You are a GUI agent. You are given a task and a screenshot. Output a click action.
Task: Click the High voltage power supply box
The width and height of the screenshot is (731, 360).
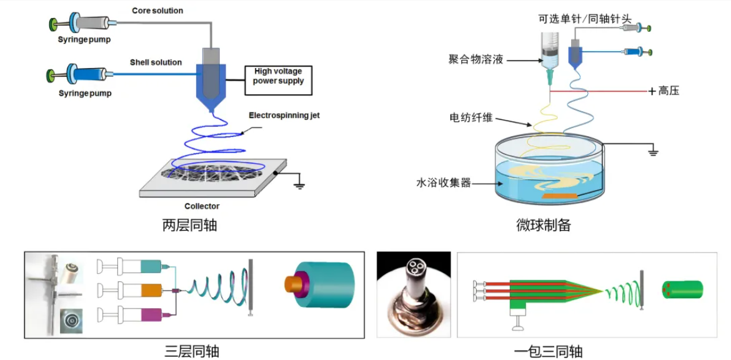(x=278, y=81)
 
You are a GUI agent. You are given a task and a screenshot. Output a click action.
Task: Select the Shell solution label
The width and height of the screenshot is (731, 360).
(x=156, y=62)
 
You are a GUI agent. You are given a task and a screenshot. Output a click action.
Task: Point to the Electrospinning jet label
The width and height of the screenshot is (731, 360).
(x=284, y=116)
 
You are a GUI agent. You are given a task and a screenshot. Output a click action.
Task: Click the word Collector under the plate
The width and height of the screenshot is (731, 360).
(x=202, y=206)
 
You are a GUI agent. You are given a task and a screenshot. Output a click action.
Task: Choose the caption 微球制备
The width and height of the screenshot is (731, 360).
(x=544, y=225)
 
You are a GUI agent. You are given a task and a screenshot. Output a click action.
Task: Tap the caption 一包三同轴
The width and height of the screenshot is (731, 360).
(x=548, y=351)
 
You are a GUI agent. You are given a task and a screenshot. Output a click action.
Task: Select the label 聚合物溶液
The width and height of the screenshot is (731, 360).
(x=475, y=59)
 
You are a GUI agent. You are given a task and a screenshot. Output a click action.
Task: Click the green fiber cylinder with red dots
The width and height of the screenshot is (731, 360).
(x=682, y=289)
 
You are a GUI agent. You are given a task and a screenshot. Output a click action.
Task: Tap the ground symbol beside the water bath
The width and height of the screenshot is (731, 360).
(x=653, y=152)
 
